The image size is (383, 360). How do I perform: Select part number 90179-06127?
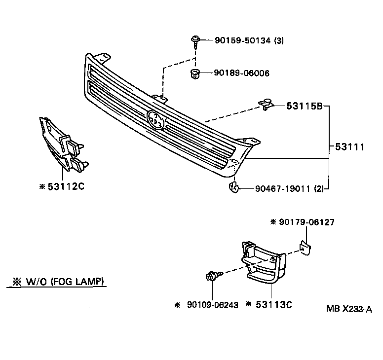click(306, 222)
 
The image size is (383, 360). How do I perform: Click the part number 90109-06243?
click(213, 305)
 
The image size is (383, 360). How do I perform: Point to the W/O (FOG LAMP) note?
click(58, 282)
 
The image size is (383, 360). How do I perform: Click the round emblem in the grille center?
click(156, 119)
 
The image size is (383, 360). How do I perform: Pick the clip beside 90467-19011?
click(234, 187)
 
